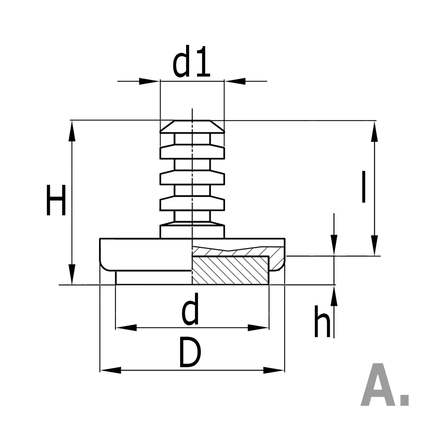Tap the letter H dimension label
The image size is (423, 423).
pyautogui.click(x=56, y=200)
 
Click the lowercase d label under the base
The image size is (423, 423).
pyautogui.click(x=190, y=311)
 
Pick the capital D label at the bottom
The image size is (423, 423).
pyautogui.click(x=190, y=352)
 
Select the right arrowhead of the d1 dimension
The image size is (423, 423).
pyautogui.click(x=235, y=81)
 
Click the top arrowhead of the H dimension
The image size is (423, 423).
pyautogui.click(x=72, y=131)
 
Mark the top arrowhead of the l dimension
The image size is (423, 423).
pyautogui.click(x=374, y=131)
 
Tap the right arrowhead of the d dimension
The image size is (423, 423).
pyautogui.click(x=258, y=327)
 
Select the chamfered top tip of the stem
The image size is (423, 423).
pyautogui.click(x=192, y=126)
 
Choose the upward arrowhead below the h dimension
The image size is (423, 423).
pyautogui.click(x=334, y=295)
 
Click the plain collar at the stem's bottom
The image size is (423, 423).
pyautogui.click(x=192, y=231)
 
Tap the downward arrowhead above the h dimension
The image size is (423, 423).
pyautogui.click(x=334, y=245)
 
